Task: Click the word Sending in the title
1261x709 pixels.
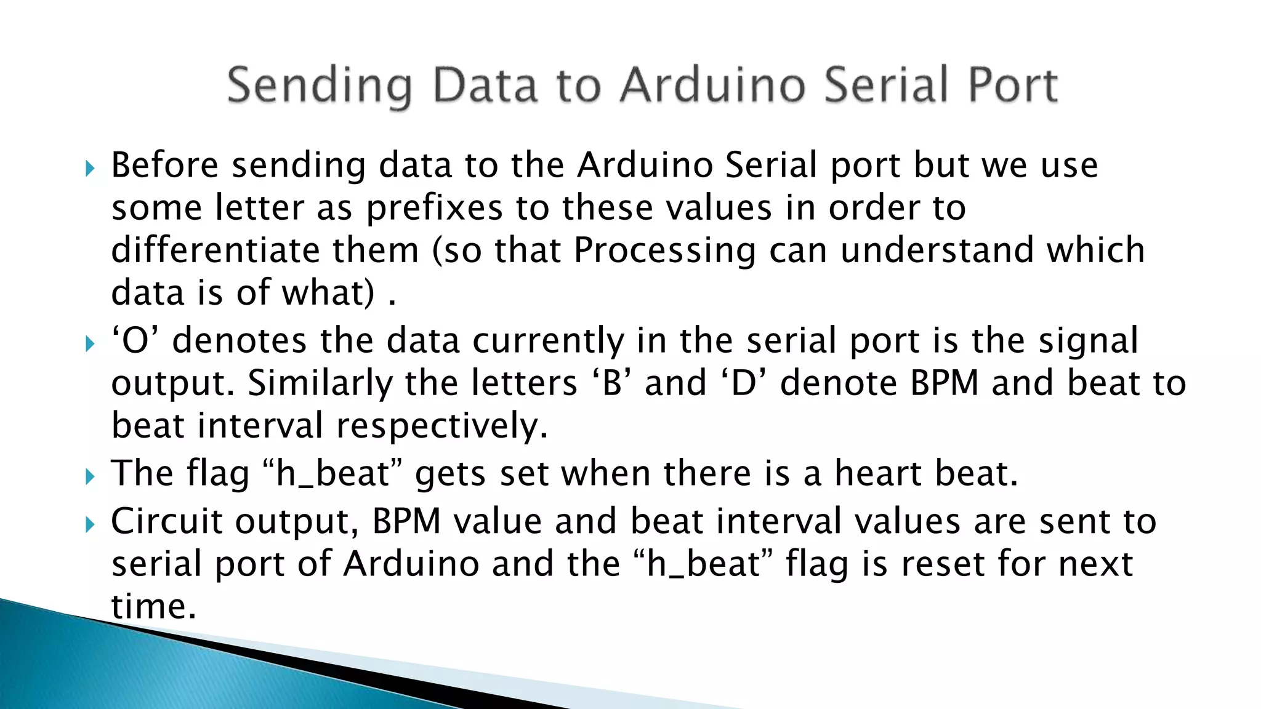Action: click(x=320, y=86)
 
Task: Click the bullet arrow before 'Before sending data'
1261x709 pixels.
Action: click(x=90, y=168)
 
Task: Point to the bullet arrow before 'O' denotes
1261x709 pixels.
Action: click(x=90, y=343)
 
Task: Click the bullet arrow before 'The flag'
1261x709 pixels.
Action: click(x=90, y=476)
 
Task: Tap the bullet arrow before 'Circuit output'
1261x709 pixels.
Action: click(x=90, y=524)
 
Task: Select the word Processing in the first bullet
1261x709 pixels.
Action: click(x=664, y=251)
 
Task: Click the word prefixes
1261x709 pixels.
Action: click(x=434, y=208)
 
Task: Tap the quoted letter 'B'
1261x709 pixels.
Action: click(x=612, y=383)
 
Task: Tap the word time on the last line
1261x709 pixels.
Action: click(x=153, y=606)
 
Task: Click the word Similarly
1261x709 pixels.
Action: click(x=320, y=383)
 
